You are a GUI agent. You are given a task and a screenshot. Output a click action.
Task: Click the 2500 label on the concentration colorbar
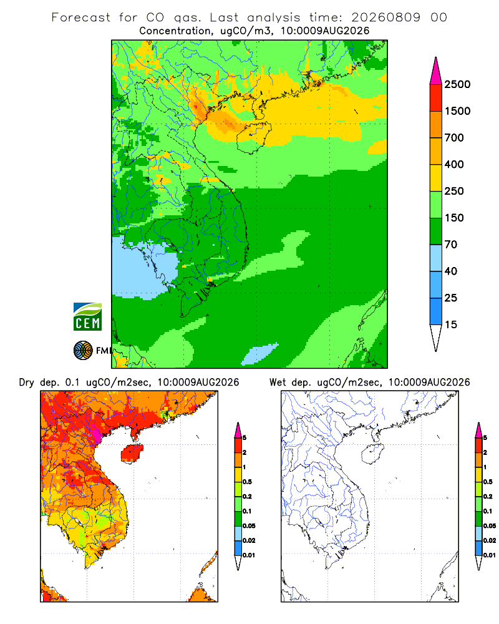457,84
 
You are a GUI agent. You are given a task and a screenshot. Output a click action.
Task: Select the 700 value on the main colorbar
454,138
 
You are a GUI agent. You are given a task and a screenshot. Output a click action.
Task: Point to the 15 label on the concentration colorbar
451,324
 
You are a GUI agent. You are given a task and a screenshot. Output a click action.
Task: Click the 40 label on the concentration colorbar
451,271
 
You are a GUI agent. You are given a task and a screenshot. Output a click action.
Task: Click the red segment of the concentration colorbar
436,98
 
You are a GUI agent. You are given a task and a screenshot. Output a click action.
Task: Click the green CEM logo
87,317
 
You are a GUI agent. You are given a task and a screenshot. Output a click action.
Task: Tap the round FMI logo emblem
83,351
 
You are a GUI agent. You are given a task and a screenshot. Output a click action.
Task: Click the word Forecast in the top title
81,17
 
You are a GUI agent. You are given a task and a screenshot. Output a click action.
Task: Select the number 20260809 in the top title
385,17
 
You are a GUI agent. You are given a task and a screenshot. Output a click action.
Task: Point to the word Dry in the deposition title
27,383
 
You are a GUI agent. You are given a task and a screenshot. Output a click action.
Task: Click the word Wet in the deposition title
278,383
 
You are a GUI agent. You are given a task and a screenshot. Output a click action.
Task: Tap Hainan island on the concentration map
253,137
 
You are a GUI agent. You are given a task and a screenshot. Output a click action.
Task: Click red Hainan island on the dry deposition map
132,453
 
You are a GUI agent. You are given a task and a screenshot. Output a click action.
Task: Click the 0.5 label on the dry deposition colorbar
247,482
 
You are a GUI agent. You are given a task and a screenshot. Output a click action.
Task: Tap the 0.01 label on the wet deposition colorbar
490,555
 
